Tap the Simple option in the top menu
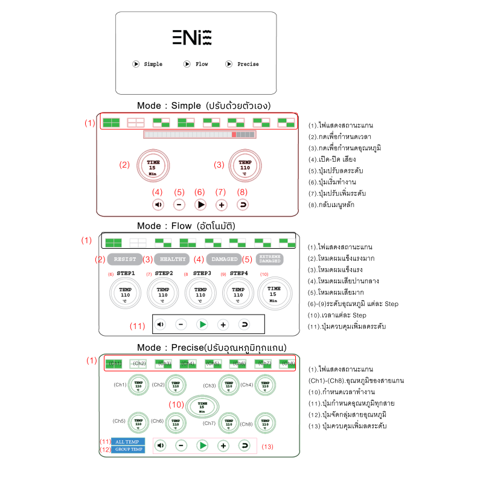pos(148,64)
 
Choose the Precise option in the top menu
pos(243,64)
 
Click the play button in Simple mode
pos(200,205)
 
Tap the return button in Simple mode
pos(243,205)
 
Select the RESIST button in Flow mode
pos(126,259)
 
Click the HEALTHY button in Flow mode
pos(173,259)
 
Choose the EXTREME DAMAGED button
pos(269,258)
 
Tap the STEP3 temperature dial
pos(200,293)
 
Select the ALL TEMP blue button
pos(128,442)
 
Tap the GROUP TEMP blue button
pos(128,449)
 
